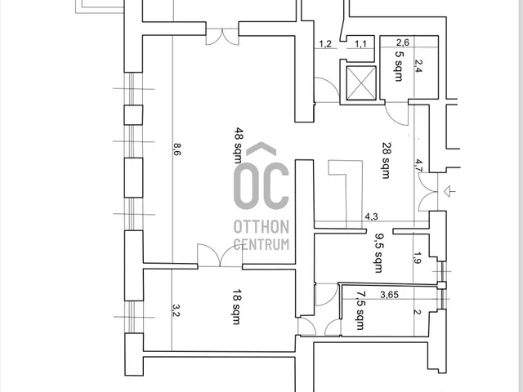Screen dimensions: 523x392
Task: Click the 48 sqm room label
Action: tap(239, 145)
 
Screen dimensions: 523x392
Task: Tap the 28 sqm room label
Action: tap(387, 160)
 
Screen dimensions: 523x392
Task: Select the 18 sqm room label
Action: tap(236, 307)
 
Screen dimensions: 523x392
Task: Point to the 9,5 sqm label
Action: tap(379, 253)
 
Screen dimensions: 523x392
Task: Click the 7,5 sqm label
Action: tap(360, 310)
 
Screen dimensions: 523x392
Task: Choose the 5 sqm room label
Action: tap(399, 65)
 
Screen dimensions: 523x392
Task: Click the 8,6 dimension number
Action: tap(177, 149)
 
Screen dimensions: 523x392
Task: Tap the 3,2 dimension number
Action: tap(176, 310)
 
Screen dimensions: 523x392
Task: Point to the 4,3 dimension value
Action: tap(371, 216)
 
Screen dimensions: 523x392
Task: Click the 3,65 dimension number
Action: tap(389, 295)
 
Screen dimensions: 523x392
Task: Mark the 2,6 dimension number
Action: tap(403, 42)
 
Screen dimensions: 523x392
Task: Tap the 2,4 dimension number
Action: tap(418, 65)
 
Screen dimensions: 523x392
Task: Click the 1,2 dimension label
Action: tap(325, 44)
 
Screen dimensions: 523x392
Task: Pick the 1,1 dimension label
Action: tap(360, 43)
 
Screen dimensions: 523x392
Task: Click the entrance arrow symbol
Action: tap(449, 191)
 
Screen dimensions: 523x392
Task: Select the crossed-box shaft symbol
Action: tap(361, 83)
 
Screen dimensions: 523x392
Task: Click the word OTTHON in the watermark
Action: tap(261, 227)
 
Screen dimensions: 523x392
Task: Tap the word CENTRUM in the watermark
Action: tap(261, 244)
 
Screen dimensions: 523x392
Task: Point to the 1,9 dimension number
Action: tap(418, 257)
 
